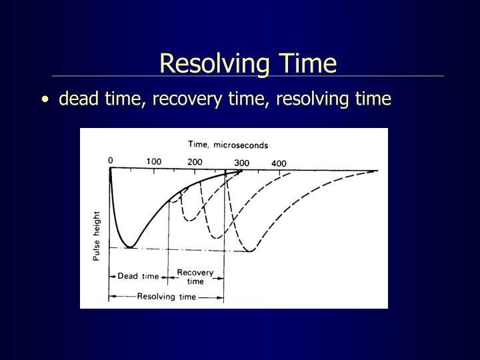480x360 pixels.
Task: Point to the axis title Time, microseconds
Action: [x=228, y=144]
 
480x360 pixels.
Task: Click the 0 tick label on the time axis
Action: [x=111, y=161]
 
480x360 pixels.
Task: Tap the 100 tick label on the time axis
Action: [x=154, y=161]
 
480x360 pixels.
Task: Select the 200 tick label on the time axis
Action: [x=195, y=162]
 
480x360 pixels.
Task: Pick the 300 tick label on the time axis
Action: [x=241, y=163]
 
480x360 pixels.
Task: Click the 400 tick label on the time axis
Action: [x=278, y=163]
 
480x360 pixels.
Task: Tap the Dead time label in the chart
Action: [x=138, y=276]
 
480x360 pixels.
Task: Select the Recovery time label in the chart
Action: [x=195, y=277]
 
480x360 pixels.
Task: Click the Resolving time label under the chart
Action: [x=167, y=297]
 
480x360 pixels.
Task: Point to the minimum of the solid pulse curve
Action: [x=129, y=247]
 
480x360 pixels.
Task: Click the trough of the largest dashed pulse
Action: [x=250, y=251]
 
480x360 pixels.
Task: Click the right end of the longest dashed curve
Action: [x=377, y=171]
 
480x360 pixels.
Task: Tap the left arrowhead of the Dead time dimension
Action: [x=111, y=276]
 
